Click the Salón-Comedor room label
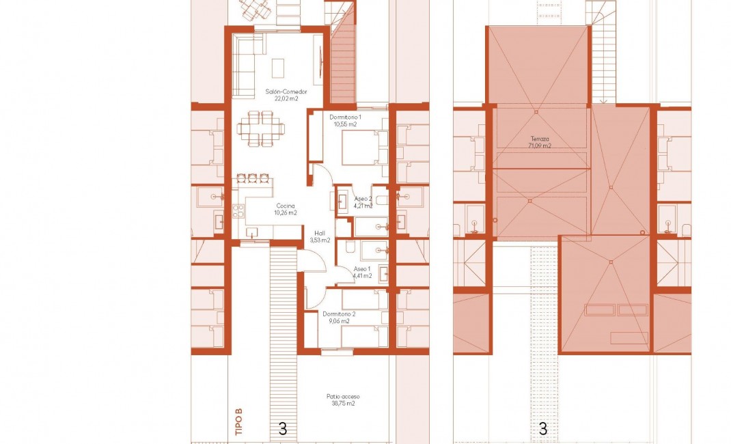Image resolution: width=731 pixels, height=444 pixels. click(x=286, y=92)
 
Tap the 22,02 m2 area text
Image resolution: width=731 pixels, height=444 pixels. click(x=286, y=99)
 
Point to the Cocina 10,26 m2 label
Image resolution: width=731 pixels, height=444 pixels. click(x=286, y=209)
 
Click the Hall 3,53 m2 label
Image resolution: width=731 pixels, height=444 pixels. click(x=320, y=236)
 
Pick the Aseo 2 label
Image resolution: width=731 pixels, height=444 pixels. click(x=363, y=199)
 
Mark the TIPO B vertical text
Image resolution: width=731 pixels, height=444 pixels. click(x=238, y=422)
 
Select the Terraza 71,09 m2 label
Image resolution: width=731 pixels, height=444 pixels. click(x=540, y=141)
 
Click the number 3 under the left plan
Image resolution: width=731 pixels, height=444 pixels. click(x=282, y=429)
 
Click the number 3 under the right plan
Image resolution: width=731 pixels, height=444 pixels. click(x=543, y=429)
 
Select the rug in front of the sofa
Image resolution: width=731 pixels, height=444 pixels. click(x=278, y=68)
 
